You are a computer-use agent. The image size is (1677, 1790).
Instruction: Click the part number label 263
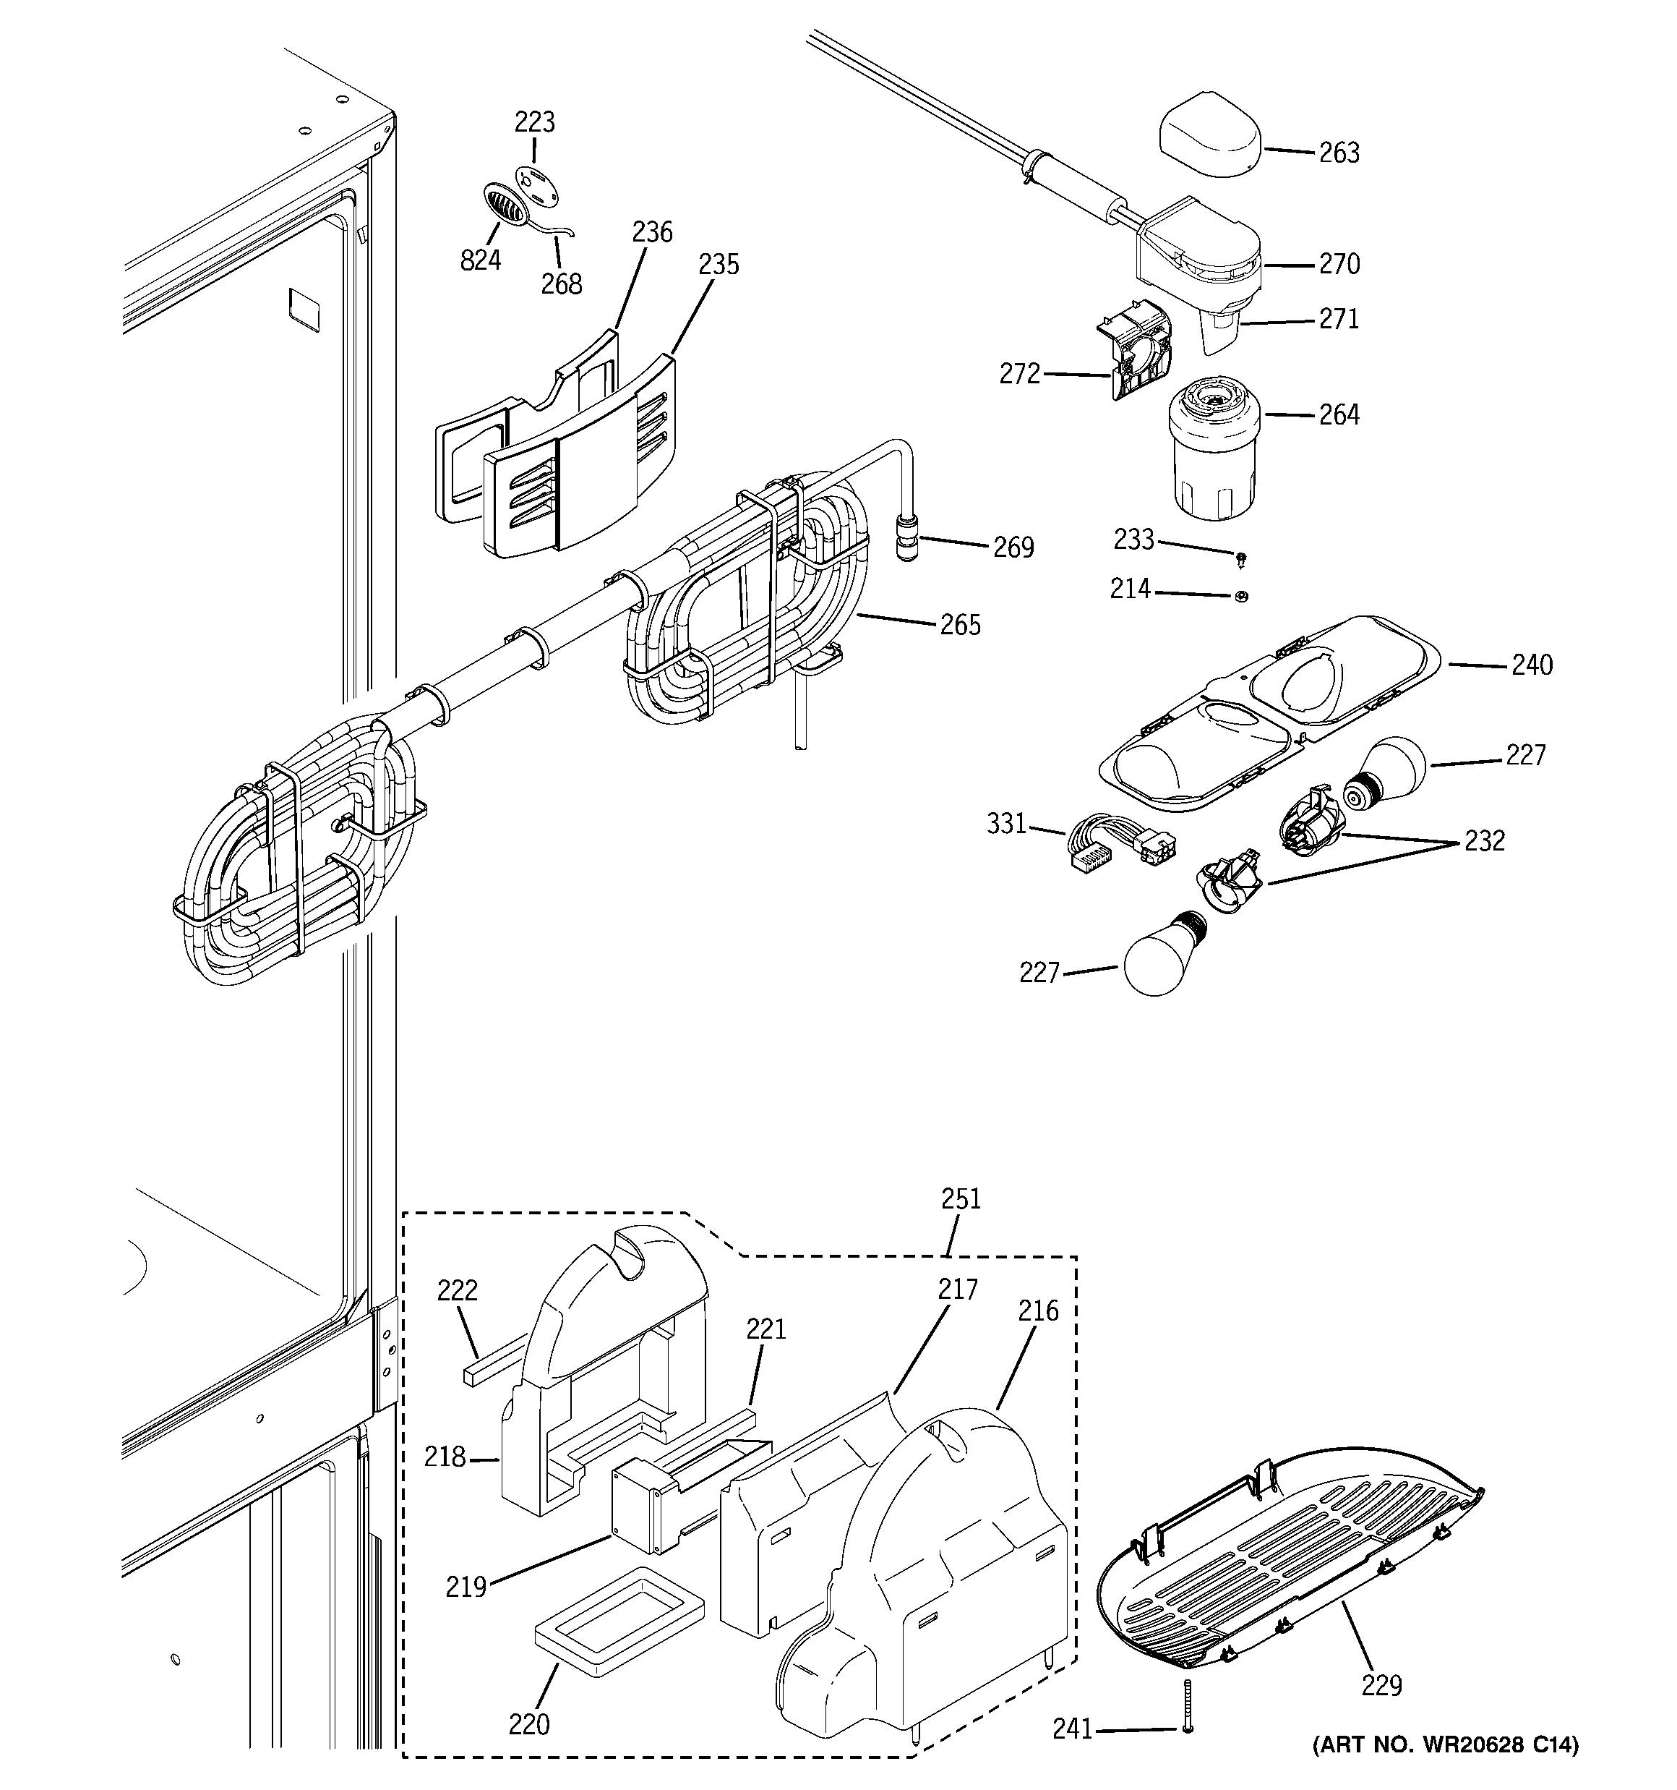point(1339,153)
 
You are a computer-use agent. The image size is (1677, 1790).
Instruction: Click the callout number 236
point(652,232)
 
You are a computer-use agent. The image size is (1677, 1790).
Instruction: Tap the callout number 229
point(1381,1684)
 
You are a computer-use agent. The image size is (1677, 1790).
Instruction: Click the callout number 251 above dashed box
point(961,1199)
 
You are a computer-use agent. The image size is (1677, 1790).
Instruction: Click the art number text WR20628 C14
point(1446,1745)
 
